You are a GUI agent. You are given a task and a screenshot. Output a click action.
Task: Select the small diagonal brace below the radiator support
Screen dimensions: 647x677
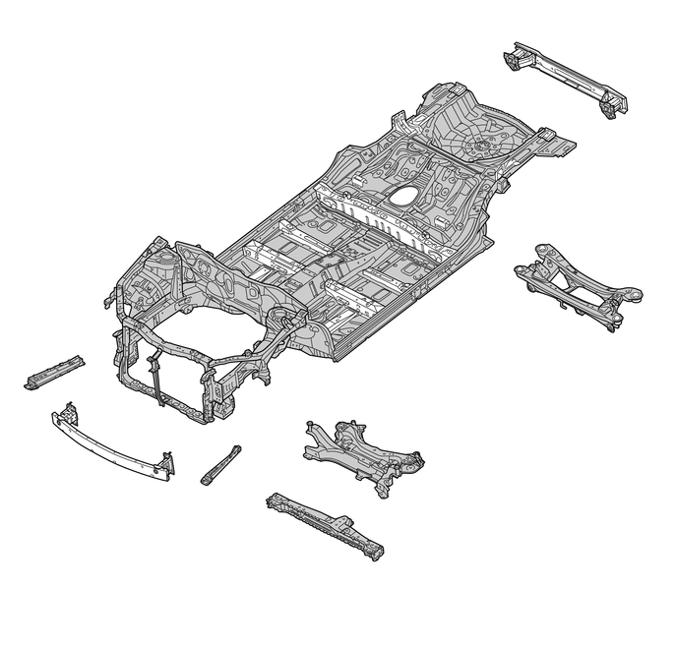pos(220,463)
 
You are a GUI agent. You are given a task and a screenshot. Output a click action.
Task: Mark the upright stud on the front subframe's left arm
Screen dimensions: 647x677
pos(310,424)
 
